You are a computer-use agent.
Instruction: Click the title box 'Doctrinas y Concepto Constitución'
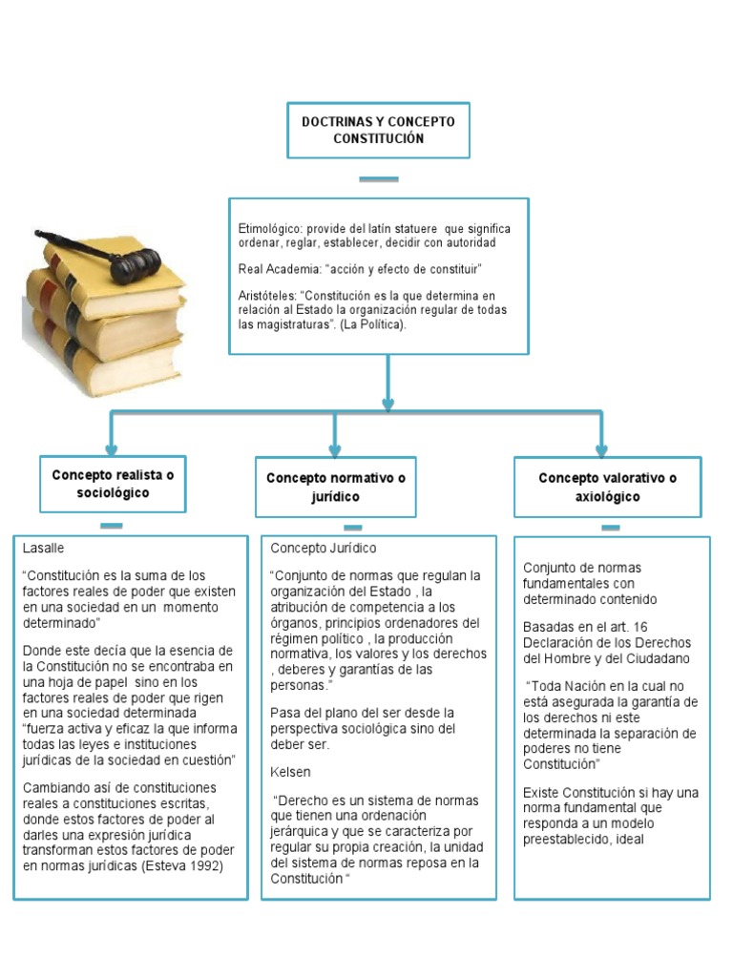click(378, 130)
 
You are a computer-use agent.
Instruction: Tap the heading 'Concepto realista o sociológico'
click(114, 484)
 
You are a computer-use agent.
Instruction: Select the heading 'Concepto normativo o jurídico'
click(335, 487)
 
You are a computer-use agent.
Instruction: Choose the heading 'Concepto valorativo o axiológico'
click(607, 487)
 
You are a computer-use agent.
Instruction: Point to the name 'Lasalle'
click(43, 549)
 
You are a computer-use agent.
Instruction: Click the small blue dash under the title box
click(378, 178)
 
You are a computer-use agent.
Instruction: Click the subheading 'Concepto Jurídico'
click(324, 549)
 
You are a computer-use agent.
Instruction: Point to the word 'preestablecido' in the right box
click(569, 840)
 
